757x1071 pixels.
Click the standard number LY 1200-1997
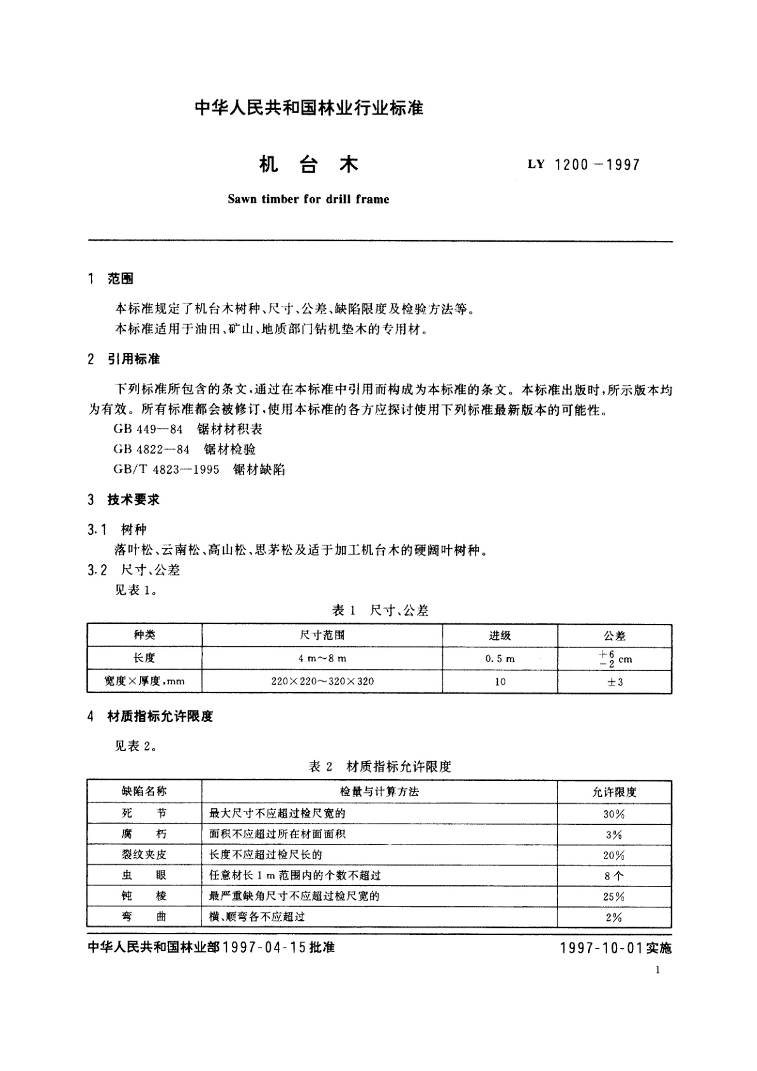(x=583, y=165)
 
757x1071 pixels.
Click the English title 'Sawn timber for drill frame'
(x=308, y=199)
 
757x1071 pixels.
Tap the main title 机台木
(x=309, y=165)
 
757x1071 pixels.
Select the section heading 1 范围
(x=111, y=279)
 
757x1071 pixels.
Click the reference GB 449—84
(x=148, y=429)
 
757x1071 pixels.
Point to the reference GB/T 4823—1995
(x=167, y=469)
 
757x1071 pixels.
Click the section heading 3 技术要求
(x=124, y=500)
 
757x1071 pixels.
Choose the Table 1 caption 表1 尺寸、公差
(x=380, y=611)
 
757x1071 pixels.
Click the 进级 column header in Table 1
(x=500, y=635)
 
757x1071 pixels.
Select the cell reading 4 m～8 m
(x=322, y=659)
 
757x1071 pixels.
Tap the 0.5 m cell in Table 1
(x=500, y=659)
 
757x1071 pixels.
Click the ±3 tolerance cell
(x=615, y=682)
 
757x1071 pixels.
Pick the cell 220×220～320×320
(x=322, y=682)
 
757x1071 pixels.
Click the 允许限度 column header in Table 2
(x=614, y=792)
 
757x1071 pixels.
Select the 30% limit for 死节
(x=614, y=814)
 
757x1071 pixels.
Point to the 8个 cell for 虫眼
(x=614, y=876)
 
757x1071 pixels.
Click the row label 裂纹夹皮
(x=144, y=855)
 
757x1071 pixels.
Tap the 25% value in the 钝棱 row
(x=614, y=897)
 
